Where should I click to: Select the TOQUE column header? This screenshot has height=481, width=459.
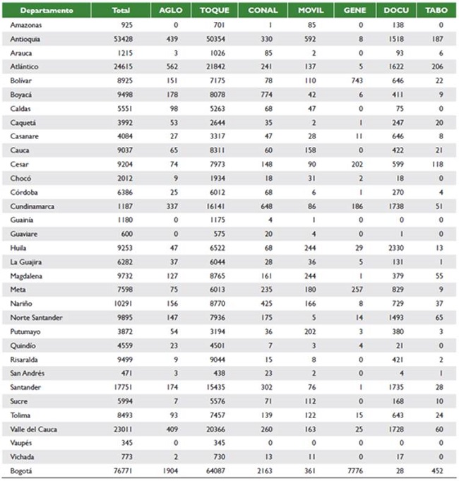click(x=214, y=11)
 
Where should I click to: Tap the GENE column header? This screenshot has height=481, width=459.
click(x=354, y=11)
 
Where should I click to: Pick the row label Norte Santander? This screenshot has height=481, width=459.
click(x=36, y=318)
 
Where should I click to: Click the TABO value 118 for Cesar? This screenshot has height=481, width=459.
click(x=439, y=164)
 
